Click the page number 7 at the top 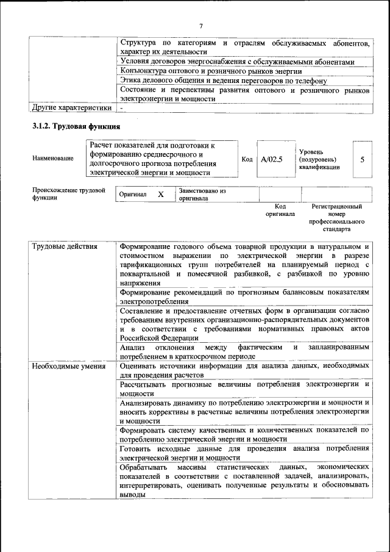[200, 26]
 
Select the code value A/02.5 [272, 160]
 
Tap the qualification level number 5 [363, 159]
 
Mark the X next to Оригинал [161, 194]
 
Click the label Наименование [53, 159]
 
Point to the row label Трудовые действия [65, 246]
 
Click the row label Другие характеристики [72, 108]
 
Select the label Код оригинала [280, 210]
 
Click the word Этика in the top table [131, 81]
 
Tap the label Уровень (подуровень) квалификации [319, 159]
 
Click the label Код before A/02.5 [247, 160]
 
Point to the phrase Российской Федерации [159, 337]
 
